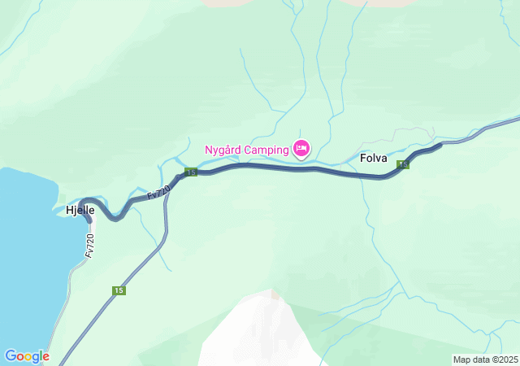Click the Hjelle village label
click(80, 210)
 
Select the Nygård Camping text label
click(246, 149)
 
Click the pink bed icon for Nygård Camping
click(301, 148)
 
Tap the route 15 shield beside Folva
click(403, 165)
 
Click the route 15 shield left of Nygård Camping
click(190, 172)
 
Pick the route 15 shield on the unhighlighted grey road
click(119, 290)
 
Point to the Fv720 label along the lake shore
click(90, 246)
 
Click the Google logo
click(27, 356)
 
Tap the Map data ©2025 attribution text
click(485, 359)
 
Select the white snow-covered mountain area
click(256, 325)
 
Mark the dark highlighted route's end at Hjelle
click(88, 218)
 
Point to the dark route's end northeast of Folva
click(440, 145)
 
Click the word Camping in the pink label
click(267, 149)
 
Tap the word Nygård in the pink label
click(223, 149)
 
